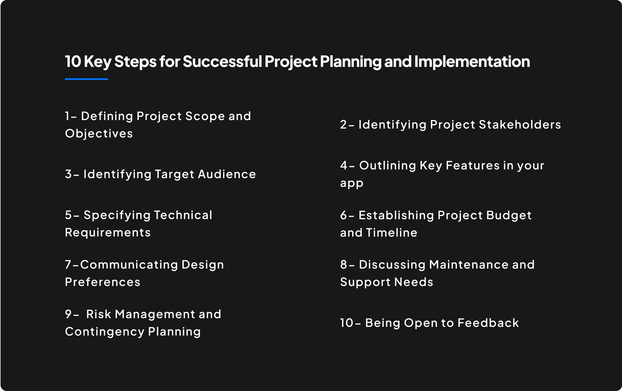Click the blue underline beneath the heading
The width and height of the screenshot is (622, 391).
coord(87,79)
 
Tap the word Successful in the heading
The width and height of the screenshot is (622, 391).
coord(222,62)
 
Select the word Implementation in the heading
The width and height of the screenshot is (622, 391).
coord(472,62)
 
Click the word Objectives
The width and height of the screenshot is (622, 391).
coord(99,134)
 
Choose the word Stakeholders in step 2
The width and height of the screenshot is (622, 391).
coord(520,124)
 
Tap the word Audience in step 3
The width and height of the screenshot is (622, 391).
coord(227,174)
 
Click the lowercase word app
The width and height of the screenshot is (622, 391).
coord(352,184)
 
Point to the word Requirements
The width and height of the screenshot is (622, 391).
coord(108,233)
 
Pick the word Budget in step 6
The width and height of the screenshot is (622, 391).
coord(509,216)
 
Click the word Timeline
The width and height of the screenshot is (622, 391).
coord(392,233)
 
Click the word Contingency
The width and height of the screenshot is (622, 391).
coord(105,332)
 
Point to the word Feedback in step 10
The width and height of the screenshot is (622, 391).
coord(488,323)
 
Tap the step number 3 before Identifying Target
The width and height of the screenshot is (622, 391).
coord(68,174)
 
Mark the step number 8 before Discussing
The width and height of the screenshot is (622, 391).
coord(344,265)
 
